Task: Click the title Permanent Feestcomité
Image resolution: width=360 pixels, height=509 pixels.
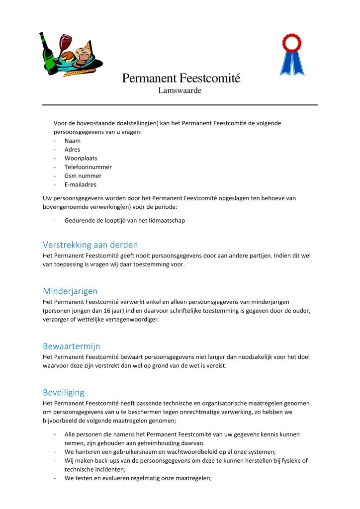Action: point(181,78)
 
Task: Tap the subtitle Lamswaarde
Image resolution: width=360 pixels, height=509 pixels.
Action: point(180,90)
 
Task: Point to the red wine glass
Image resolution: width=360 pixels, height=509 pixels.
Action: point(65,43)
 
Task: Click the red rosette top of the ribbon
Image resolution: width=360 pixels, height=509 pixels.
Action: point(291,43)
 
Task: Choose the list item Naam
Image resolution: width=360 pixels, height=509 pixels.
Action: point(73,141)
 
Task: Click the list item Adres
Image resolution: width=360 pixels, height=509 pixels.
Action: point(72,150)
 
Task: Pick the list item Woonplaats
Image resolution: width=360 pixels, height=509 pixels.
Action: point(81,158)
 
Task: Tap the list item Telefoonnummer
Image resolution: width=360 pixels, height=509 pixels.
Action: point(88,167)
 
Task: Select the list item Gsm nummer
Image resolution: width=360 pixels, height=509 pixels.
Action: point(83,175)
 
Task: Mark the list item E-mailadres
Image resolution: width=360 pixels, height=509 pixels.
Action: point(81,184)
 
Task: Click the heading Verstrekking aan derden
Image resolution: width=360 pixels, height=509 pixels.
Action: point(90,245)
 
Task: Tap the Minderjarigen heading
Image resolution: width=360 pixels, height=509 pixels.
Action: point(70,291)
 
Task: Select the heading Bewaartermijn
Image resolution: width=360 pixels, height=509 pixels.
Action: point(71,346)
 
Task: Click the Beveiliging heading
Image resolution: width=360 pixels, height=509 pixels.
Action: point(64,392)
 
